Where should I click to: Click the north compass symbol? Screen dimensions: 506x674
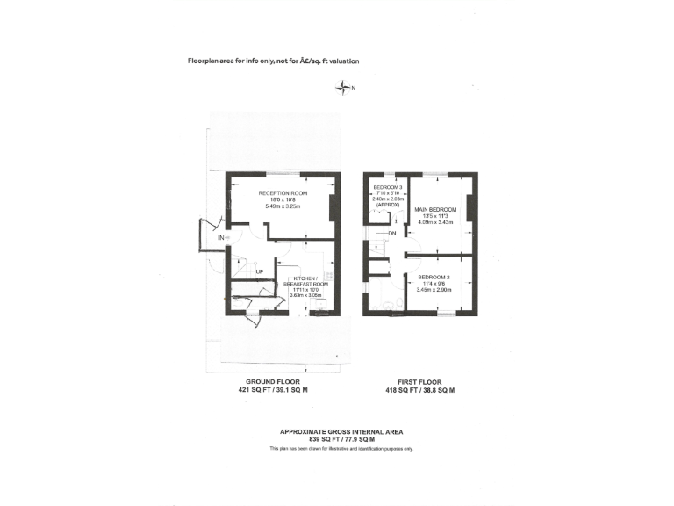click(342, 87)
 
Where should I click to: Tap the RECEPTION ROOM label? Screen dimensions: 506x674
click(282, 193)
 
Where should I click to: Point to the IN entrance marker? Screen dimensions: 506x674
click(220, 237)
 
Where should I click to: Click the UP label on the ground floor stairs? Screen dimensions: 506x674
click(260, 271)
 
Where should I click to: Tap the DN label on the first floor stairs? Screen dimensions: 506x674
click(392, 234)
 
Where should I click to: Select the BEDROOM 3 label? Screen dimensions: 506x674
click(388, 188)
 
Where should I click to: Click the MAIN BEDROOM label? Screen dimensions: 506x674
click(436, 209)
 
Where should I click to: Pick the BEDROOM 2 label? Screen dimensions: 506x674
click(434, 278)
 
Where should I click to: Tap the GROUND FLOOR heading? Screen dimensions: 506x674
click(266, 382)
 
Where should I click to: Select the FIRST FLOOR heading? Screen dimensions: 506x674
click(421, 382)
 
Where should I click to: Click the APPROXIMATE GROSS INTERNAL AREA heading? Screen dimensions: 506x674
click(341, 430)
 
